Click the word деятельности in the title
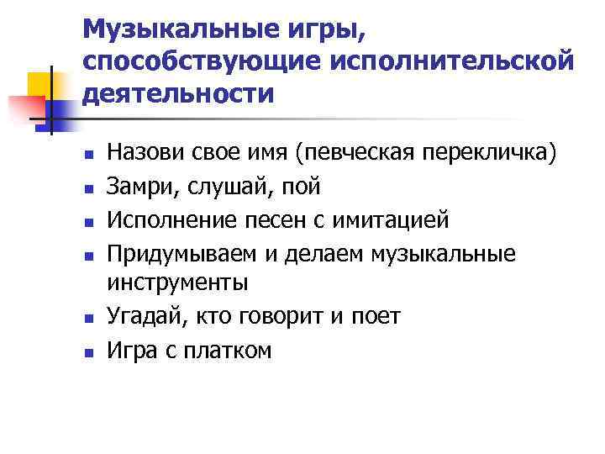pos(178,92)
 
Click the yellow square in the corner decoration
pos(39,85)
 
